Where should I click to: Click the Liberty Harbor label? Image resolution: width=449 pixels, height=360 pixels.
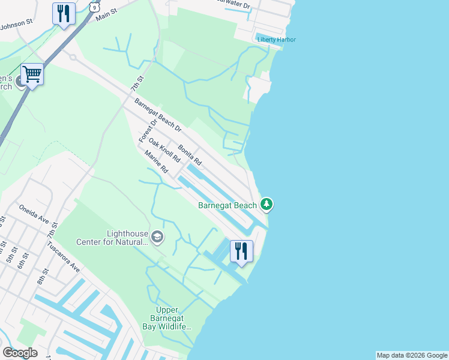[x=277, y=40]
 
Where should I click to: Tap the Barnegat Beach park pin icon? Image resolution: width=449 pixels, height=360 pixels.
[x=267, y=205]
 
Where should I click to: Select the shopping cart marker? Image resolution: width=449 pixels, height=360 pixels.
[x=32, y=74]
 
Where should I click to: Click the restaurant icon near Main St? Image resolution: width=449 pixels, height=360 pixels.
[x=64, y=13]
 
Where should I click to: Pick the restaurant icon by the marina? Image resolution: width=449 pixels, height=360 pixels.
[x=241, y=251]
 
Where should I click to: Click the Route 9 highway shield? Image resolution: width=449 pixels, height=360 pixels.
[x=93, y=6]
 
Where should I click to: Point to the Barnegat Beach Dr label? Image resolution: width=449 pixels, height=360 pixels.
[x=158, y=115]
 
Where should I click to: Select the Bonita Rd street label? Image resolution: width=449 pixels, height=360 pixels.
[x=189, y=154]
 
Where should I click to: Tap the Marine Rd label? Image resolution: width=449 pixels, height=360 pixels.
[x=155, y=162]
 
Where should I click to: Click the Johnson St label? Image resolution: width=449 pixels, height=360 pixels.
[x=16, y=25]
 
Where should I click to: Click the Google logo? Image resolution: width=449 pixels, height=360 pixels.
[x=20, y=353]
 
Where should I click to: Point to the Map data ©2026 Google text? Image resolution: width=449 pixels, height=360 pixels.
[x=412, y=355]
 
